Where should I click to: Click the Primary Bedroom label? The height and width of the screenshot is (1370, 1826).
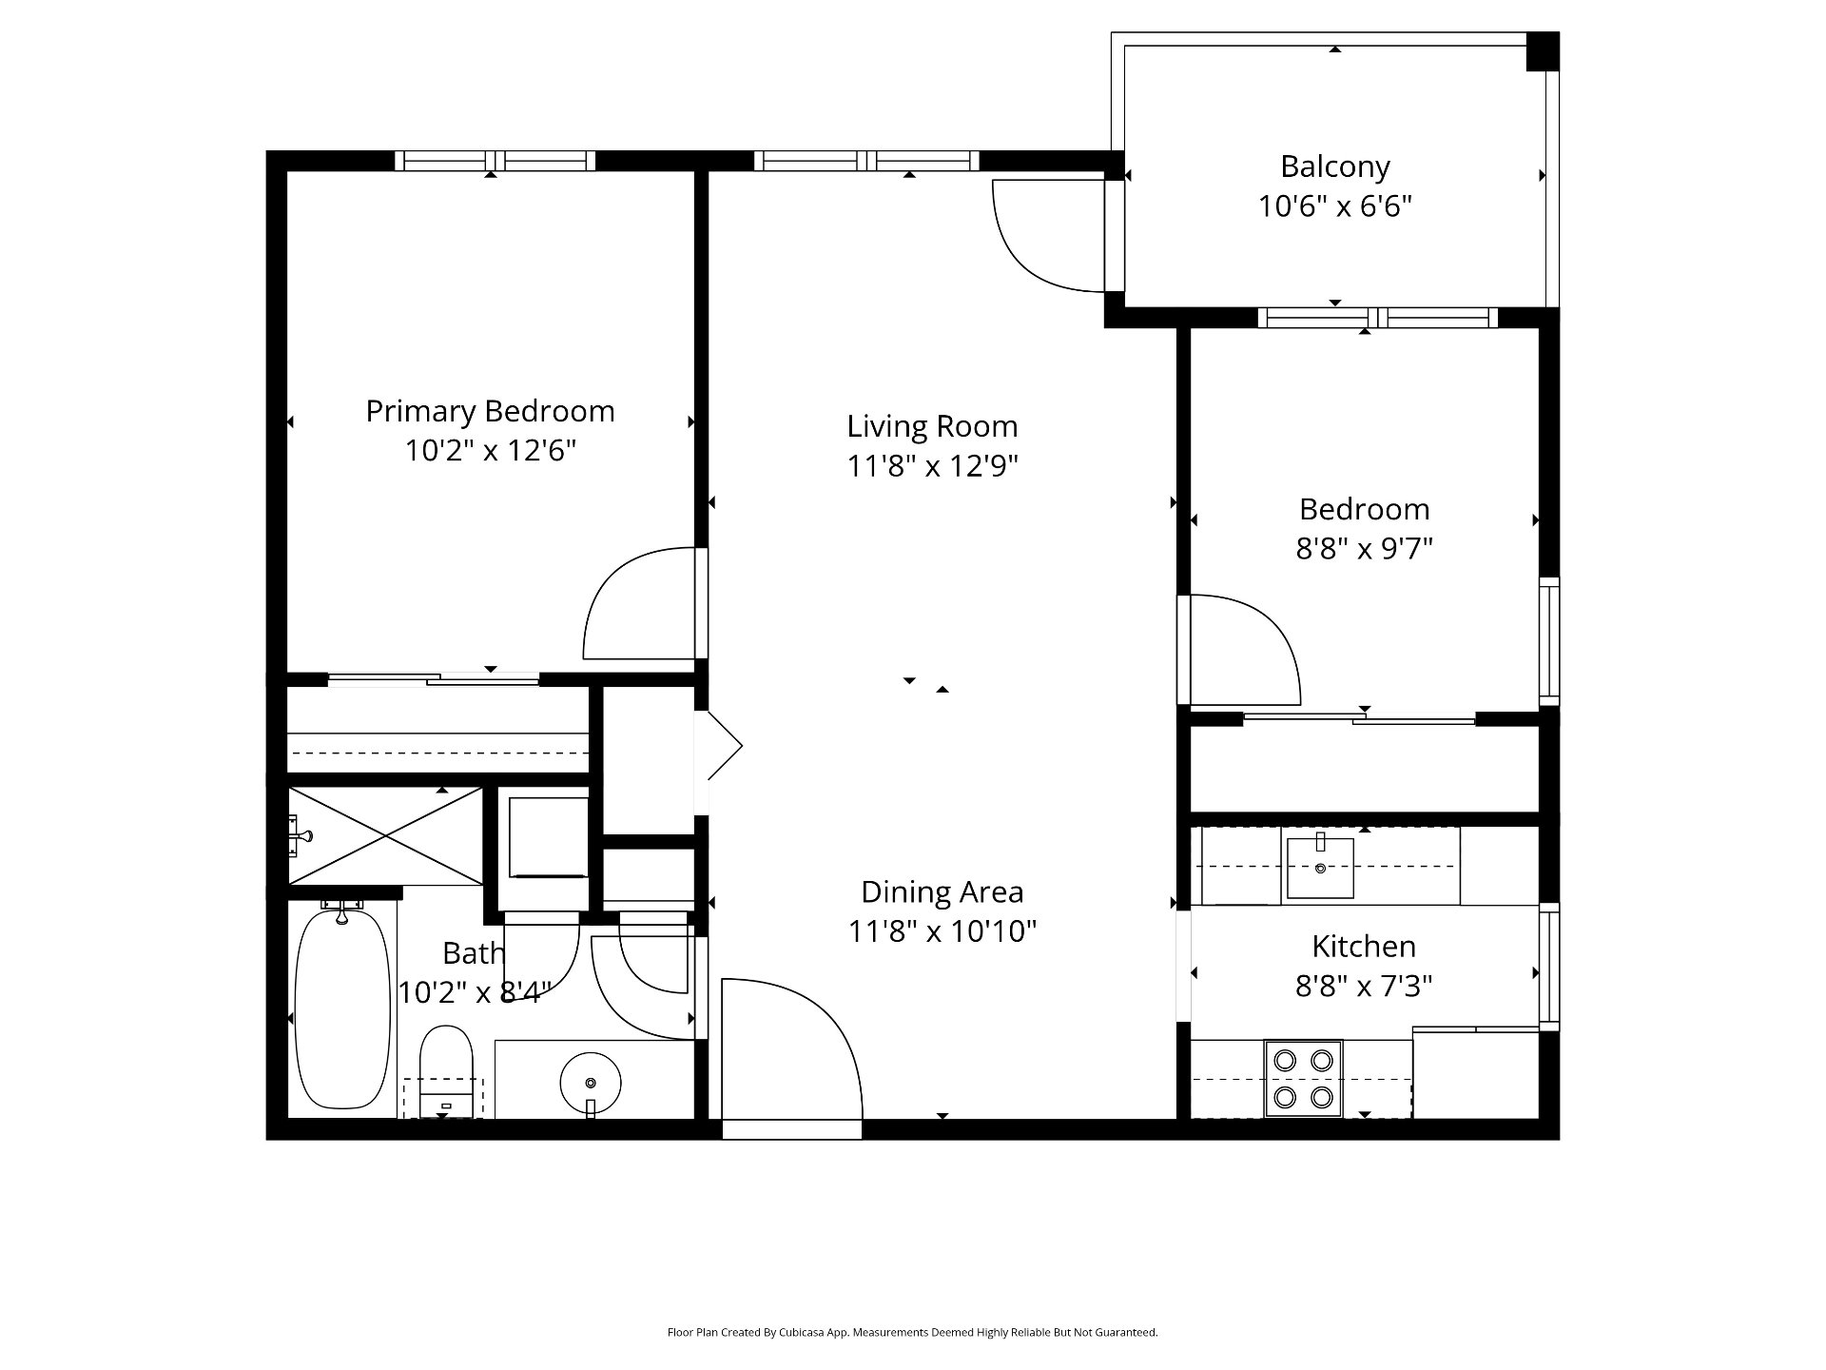tap(490, 412)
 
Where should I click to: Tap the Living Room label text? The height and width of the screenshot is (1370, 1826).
tap(932, 426)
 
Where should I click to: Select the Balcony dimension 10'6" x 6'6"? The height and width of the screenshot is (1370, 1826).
tap(1335, 206)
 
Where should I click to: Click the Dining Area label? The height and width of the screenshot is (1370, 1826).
tap(942, 892)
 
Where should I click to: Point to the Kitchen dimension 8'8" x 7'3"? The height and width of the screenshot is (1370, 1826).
tap(1364, 986)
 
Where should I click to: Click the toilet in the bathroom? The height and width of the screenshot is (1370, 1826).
tap(446, 1071)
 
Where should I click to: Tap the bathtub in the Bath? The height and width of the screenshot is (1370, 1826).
tap(342, 1008)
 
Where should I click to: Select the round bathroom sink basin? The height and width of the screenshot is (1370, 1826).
tap(591, 1083)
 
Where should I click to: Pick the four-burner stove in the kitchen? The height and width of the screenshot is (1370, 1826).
tap(1303, 1078)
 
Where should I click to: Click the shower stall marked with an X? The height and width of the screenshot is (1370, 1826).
tap(386, 836)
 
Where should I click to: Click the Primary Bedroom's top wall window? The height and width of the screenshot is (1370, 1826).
tap(495, 161)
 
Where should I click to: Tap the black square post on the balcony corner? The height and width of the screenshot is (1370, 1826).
tap(1543, 51)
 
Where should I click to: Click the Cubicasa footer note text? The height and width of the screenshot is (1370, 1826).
tap(912, 1333)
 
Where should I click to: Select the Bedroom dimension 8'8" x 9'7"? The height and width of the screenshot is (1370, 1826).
tap(1364, 549)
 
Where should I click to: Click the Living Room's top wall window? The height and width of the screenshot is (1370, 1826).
tap(866, 161)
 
